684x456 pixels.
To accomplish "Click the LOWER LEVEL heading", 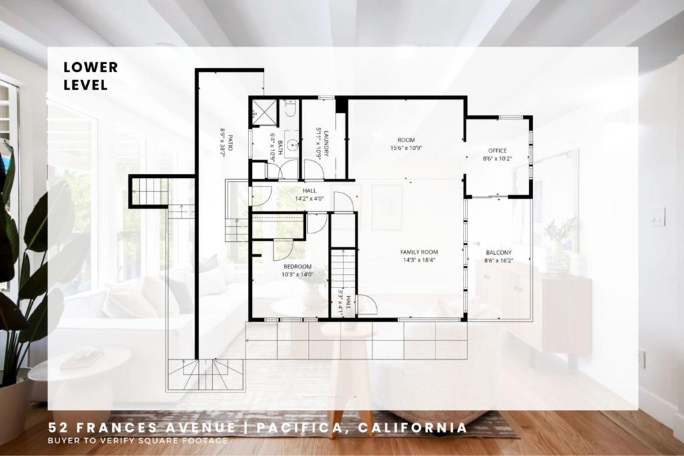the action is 91,76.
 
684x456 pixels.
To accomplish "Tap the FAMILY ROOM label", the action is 419,252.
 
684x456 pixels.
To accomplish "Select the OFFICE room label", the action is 497,150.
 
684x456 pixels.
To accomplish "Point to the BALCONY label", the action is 498,253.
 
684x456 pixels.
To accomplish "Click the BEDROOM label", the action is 297,266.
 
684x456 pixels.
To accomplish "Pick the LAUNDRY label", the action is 325,143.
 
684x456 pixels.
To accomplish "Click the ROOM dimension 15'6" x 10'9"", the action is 406,148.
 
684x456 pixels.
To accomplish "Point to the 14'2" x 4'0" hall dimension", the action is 309,199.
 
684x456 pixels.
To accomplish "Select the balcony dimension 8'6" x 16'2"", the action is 498,261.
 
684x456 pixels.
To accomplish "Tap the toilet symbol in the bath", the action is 291,108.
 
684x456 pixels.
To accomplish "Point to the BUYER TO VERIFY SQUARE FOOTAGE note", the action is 138,440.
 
